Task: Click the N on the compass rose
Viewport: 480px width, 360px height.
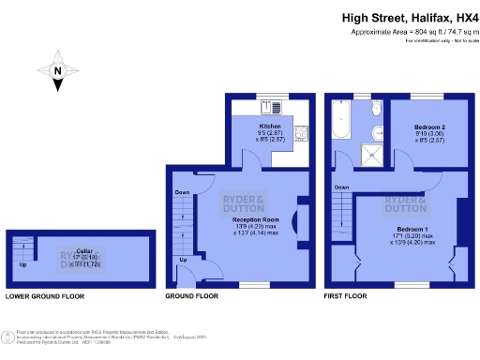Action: (x=57, y=71)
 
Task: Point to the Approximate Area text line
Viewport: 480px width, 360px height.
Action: (x=411, y=32)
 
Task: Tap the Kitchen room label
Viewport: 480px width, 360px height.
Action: (x=270, y=126)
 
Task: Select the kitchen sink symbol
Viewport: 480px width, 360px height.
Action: (x=265, y=105)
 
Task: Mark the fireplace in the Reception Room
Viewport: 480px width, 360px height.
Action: (x=299, y=222)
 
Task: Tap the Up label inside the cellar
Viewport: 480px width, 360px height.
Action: (x=22, y=265)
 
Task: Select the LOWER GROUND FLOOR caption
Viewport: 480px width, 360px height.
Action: (x=44, y=296)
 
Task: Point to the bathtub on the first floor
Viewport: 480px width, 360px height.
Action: (x=338, y=123)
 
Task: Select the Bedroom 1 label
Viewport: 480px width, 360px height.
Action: (x=412, y=230)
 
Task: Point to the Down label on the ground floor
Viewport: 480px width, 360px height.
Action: (x=181, y=195)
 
